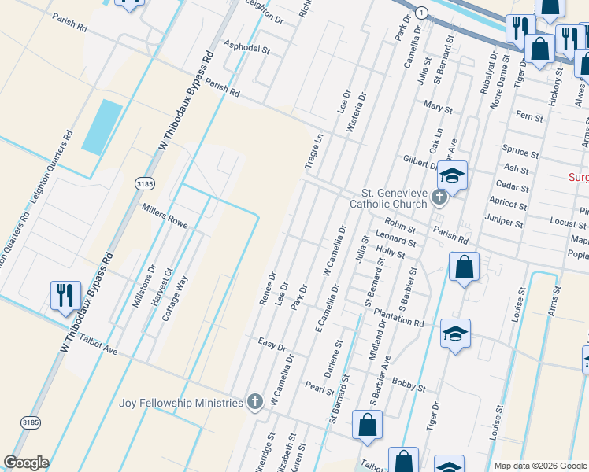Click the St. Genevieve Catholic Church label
pyautogui.click(x=394, y=197)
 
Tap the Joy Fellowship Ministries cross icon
pyautogui.click(x=254, y=403)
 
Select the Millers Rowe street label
pyautogui.click(x=165, y=215)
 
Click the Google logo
pyautogui.click(x=26, y=463)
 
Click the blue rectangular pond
pyautogui.click(x=102, y=127)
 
